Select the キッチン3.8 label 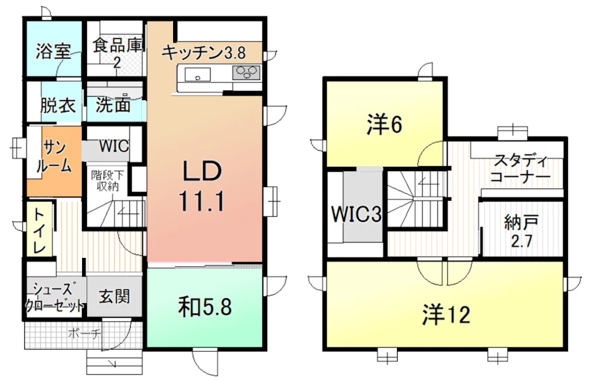(204, 53)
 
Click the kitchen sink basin (197, 74)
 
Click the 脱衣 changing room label (58, 105)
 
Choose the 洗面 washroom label (113, 104)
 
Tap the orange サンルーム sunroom (54, 161)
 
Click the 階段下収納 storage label (107, 181)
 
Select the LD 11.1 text (202, 186)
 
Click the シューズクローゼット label (54, 296)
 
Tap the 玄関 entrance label (114, 297)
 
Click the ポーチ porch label (84, 334)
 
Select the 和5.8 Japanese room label (204, 307)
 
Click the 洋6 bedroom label (384, 124)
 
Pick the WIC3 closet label (357, 214)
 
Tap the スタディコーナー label (520, 168)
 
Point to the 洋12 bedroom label (446, 315)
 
